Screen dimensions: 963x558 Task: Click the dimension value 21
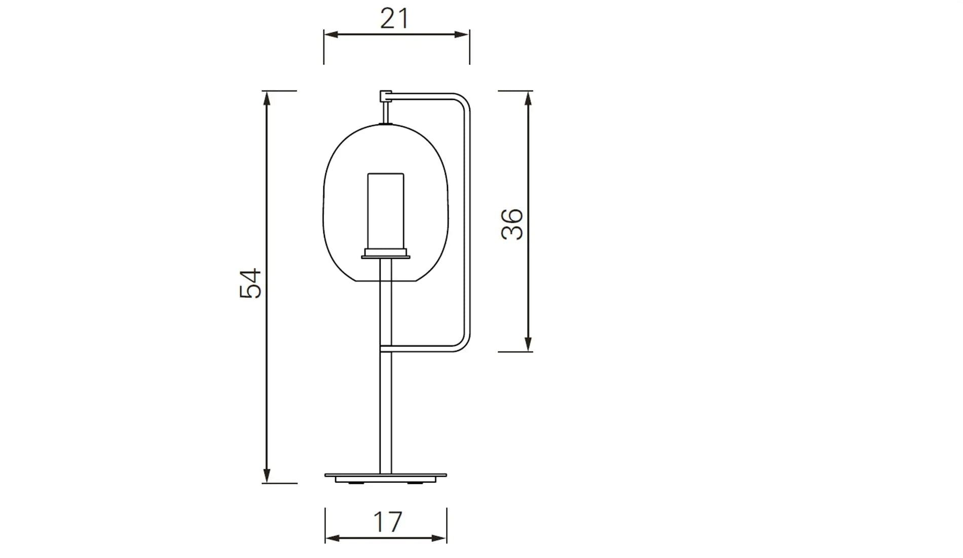[x=394, y=19]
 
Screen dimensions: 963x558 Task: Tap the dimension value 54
[x=250, y=283]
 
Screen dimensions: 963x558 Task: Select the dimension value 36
[x=512, y=224]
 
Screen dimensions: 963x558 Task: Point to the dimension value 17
[x=388, y=522]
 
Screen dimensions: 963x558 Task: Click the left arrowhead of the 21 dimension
[x=331, y=34]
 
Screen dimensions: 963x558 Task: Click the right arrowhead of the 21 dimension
[x=462, y=34]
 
